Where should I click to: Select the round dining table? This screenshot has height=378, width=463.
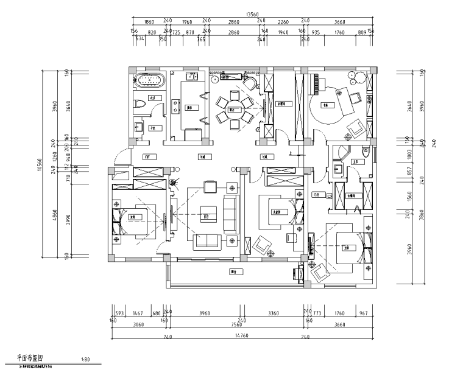231,110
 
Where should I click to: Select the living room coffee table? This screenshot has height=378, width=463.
206,215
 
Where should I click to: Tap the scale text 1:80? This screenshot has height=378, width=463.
85,360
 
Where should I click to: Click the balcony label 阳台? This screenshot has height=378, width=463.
233,271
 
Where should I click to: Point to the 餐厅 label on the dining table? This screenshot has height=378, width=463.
231,110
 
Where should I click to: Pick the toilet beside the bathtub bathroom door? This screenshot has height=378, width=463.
139,104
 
